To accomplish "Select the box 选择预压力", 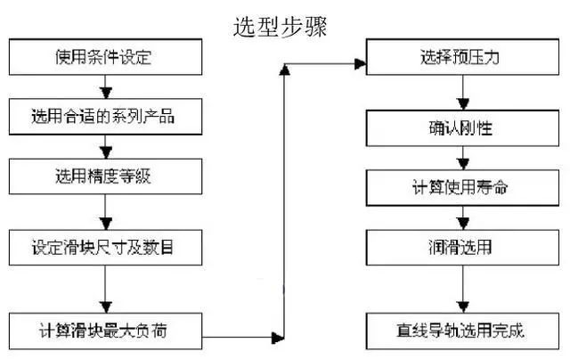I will point(461,60).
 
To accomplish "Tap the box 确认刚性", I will point(461,129).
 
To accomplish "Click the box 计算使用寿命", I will point(461,189).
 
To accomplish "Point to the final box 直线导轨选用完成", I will point(461,331).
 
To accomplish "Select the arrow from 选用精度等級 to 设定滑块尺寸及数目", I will point(105,211).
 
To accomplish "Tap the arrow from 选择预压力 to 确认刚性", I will point(461,94).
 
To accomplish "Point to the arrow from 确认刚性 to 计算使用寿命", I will point(461,160).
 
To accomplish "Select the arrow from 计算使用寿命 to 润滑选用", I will point(461,218).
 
